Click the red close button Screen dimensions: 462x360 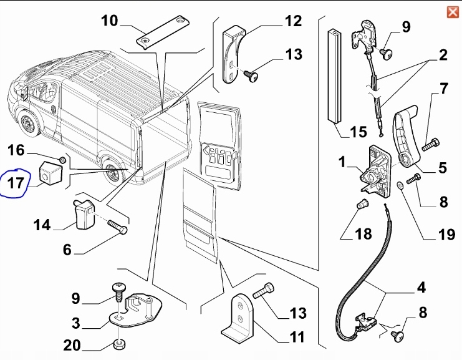pos(453,12)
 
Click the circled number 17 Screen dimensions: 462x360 pos(16,183)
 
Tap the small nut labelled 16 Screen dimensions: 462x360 pos(62,160)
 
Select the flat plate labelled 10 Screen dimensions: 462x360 pos(162,31)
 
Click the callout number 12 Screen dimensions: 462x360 pos(293,21)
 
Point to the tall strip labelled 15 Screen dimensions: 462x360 pos(335,75)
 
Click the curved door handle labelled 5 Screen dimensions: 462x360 pos(404,138)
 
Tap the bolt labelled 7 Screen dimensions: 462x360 pos(430,145)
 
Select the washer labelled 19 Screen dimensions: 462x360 pos(400,185)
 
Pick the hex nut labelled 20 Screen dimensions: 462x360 pos(119,344)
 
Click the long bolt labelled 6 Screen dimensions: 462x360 pos(118,227)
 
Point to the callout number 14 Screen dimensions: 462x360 pos(42,225)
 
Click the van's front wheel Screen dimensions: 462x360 pos(29,124)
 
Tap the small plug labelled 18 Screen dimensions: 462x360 pos(362,203)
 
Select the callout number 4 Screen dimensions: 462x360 pos(421,288)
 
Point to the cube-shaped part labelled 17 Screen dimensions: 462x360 pos(51,173)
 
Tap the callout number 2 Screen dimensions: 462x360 pos(443,55)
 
